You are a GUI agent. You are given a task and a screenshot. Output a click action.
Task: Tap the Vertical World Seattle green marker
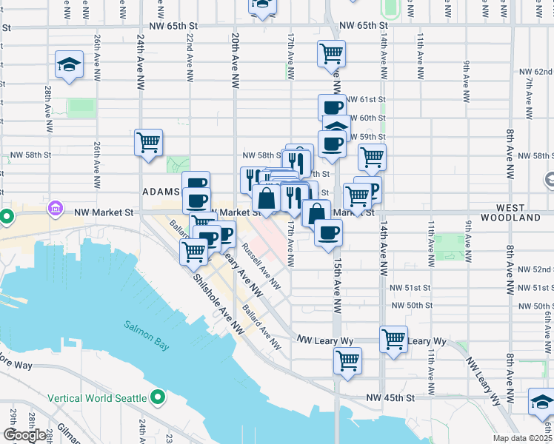click(156, 398)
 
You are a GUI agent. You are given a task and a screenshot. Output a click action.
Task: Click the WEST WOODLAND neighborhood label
click(510, 213)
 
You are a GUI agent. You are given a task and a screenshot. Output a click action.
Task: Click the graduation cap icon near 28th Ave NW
click(69, 64)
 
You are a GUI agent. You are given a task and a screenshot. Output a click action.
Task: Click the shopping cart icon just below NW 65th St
click(331, 53)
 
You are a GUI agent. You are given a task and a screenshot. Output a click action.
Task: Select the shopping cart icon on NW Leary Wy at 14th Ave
click(393, 339)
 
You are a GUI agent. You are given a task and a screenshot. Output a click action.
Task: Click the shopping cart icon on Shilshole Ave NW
click(193, 250)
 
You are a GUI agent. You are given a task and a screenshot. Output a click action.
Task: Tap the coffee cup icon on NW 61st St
click(332, 107)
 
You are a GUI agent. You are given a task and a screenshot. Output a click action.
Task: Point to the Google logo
click(24, 435)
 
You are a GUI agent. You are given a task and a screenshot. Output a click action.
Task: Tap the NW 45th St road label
click(389, 398)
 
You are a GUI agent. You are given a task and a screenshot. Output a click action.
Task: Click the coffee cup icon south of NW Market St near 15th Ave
click(328, 232)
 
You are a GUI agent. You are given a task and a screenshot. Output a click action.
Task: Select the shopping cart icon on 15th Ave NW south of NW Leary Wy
click(347, 360)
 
